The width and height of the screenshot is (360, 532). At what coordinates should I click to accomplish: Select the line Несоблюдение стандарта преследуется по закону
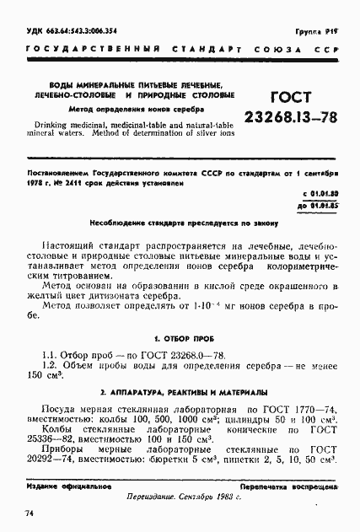pos(179,223)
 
